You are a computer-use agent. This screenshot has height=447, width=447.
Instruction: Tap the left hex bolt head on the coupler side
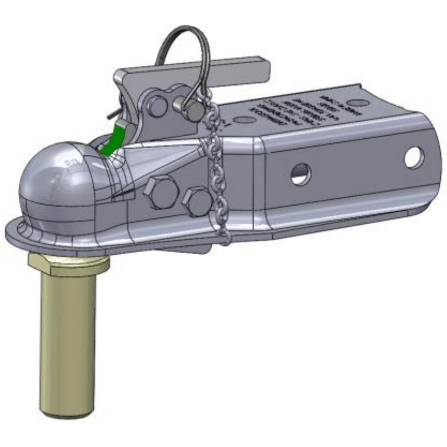tap(160, 192)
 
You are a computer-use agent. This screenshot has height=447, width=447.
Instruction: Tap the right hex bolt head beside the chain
tap(197, 201)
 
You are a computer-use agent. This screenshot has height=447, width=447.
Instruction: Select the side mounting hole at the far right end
tap(414, 157)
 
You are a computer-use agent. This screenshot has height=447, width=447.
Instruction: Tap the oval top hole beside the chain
tap(245, 120)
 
